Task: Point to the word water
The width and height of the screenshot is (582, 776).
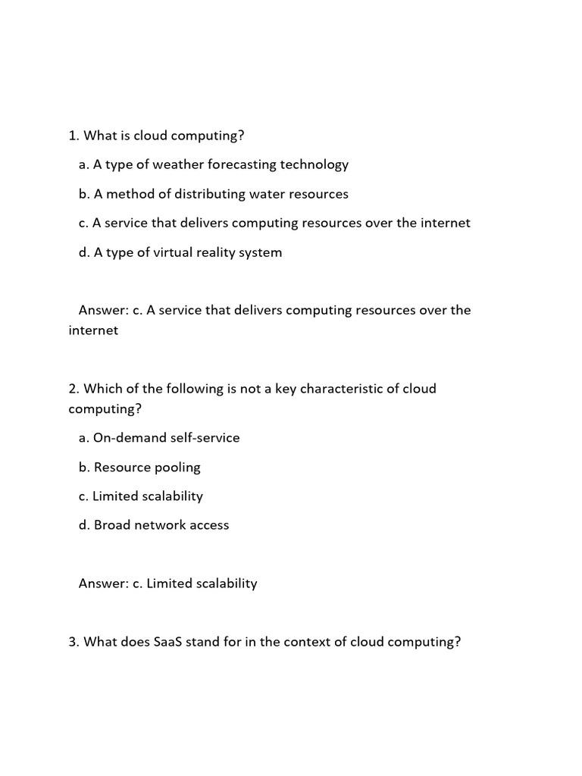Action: [x=269, y=194]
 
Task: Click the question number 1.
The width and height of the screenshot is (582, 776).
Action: [x=74, y=136]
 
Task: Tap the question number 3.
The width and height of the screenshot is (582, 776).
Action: [x=74, y=642]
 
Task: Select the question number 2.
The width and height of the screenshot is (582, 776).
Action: [x=74, y=389]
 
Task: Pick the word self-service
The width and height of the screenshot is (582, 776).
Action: [x=206, y=438]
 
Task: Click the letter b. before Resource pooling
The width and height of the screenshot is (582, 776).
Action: [x=84, y=468]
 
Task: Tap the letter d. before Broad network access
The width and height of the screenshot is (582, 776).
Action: [x=84, y=525]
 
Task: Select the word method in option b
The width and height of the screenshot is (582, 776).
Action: [x=129, y=194]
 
